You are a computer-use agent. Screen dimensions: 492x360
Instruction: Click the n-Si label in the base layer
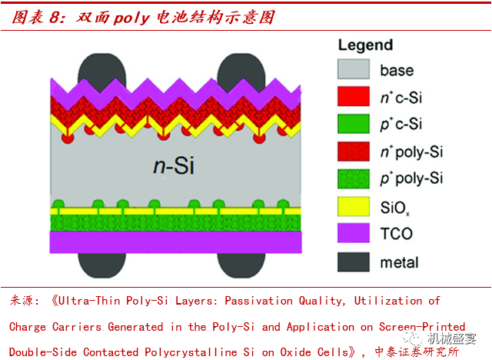(174, 165)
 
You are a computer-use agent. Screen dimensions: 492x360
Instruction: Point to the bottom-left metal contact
(102, 265)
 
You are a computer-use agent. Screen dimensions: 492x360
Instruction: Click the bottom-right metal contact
(241, 265)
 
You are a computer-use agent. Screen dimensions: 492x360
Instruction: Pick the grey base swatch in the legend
(354, 69)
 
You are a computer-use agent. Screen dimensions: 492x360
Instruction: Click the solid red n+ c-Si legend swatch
(354, 96)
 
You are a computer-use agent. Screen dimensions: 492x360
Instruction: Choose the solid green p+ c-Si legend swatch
(354, 124)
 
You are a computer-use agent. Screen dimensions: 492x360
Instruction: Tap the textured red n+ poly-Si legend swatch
(354, 152)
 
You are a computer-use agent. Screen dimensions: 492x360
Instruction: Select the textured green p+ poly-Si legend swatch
(354, 179)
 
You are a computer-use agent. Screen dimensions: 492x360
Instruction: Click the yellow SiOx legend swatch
(354, 206)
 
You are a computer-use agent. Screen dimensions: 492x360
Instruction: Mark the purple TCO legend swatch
(354, 233)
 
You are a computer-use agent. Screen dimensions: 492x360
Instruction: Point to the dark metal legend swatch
(354, 262)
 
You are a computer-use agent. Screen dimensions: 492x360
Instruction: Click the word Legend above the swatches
(366, 45)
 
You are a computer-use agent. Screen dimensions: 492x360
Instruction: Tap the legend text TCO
(397, 234)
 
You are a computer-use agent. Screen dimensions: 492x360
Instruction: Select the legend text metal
(399, 262)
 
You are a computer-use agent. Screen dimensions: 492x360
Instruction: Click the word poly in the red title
(131, 18)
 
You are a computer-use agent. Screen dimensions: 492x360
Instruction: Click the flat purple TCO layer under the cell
(176, 242)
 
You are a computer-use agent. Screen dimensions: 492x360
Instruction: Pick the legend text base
(397, 70)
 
